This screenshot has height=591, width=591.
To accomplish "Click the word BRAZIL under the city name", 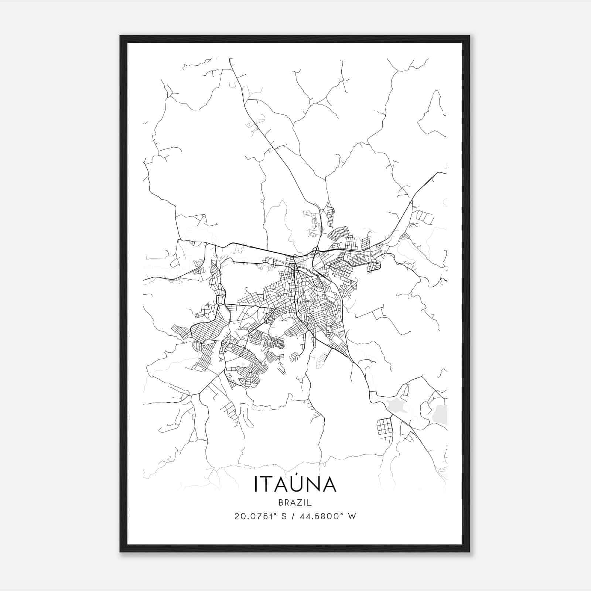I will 295,502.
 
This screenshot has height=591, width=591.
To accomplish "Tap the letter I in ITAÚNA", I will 256,484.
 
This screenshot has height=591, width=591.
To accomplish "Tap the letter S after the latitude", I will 284,516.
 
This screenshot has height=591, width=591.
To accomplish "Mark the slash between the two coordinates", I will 293,516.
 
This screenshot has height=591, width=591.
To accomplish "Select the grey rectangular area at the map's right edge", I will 440,414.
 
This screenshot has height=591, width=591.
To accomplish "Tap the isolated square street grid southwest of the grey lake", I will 384,427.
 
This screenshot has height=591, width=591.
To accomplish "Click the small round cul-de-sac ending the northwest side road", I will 217,223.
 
